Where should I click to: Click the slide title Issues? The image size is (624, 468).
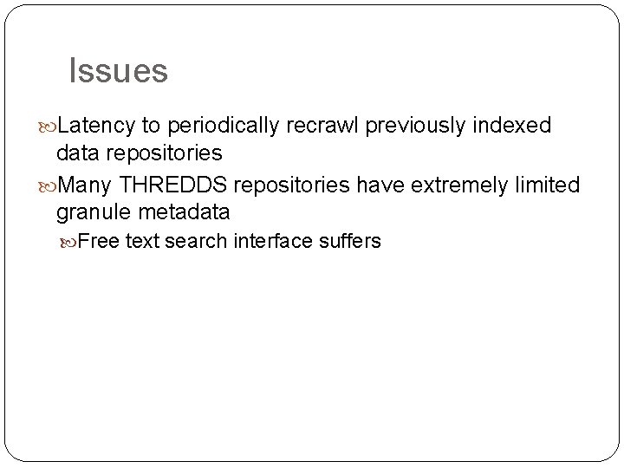point(118,71)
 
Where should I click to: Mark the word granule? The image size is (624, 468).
point(92,211)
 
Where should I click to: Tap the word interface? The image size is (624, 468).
point(268,241)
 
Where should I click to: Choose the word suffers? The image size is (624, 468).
point(349,241)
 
